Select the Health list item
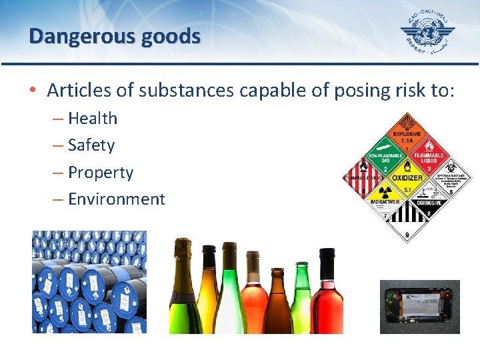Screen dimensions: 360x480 tap(92, 119)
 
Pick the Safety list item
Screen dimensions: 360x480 tap(91, 145)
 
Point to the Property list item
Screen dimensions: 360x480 tap(100, 172)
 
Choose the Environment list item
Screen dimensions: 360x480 tap(116, 199)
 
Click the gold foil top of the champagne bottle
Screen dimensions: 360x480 tap(182, 257)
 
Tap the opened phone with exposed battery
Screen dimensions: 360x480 tap(419, 307)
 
